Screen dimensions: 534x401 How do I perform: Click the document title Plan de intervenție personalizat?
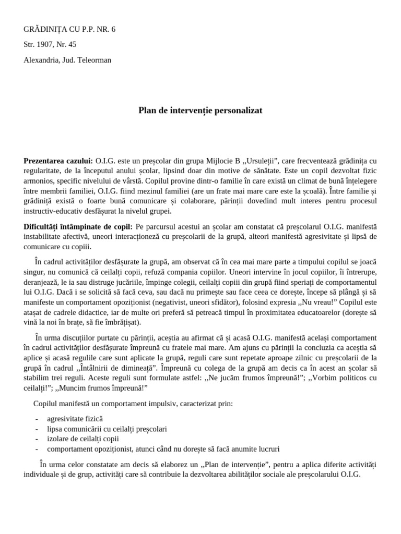[x=200, y=111]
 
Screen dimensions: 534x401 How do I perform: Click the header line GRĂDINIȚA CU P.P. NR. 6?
[x=69, y=29]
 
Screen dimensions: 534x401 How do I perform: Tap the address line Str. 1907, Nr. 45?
[x=50, y=44]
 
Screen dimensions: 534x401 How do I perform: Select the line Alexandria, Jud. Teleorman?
[x=67, y=60]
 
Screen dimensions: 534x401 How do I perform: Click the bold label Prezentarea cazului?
[x=58, y=161]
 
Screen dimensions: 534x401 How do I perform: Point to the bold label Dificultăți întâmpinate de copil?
[x=78, y=227]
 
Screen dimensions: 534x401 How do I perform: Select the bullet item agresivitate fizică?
[x=75, y=419]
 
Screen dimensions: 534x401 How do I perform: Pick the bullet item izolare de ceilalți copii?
[x=82, y=439]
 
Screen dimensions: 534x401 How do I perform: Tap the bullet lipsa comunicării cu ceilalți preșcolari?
[x=107, y=429]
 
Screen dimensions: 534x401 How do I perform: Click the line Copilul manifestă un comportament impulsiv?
[x=133, y=404]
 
